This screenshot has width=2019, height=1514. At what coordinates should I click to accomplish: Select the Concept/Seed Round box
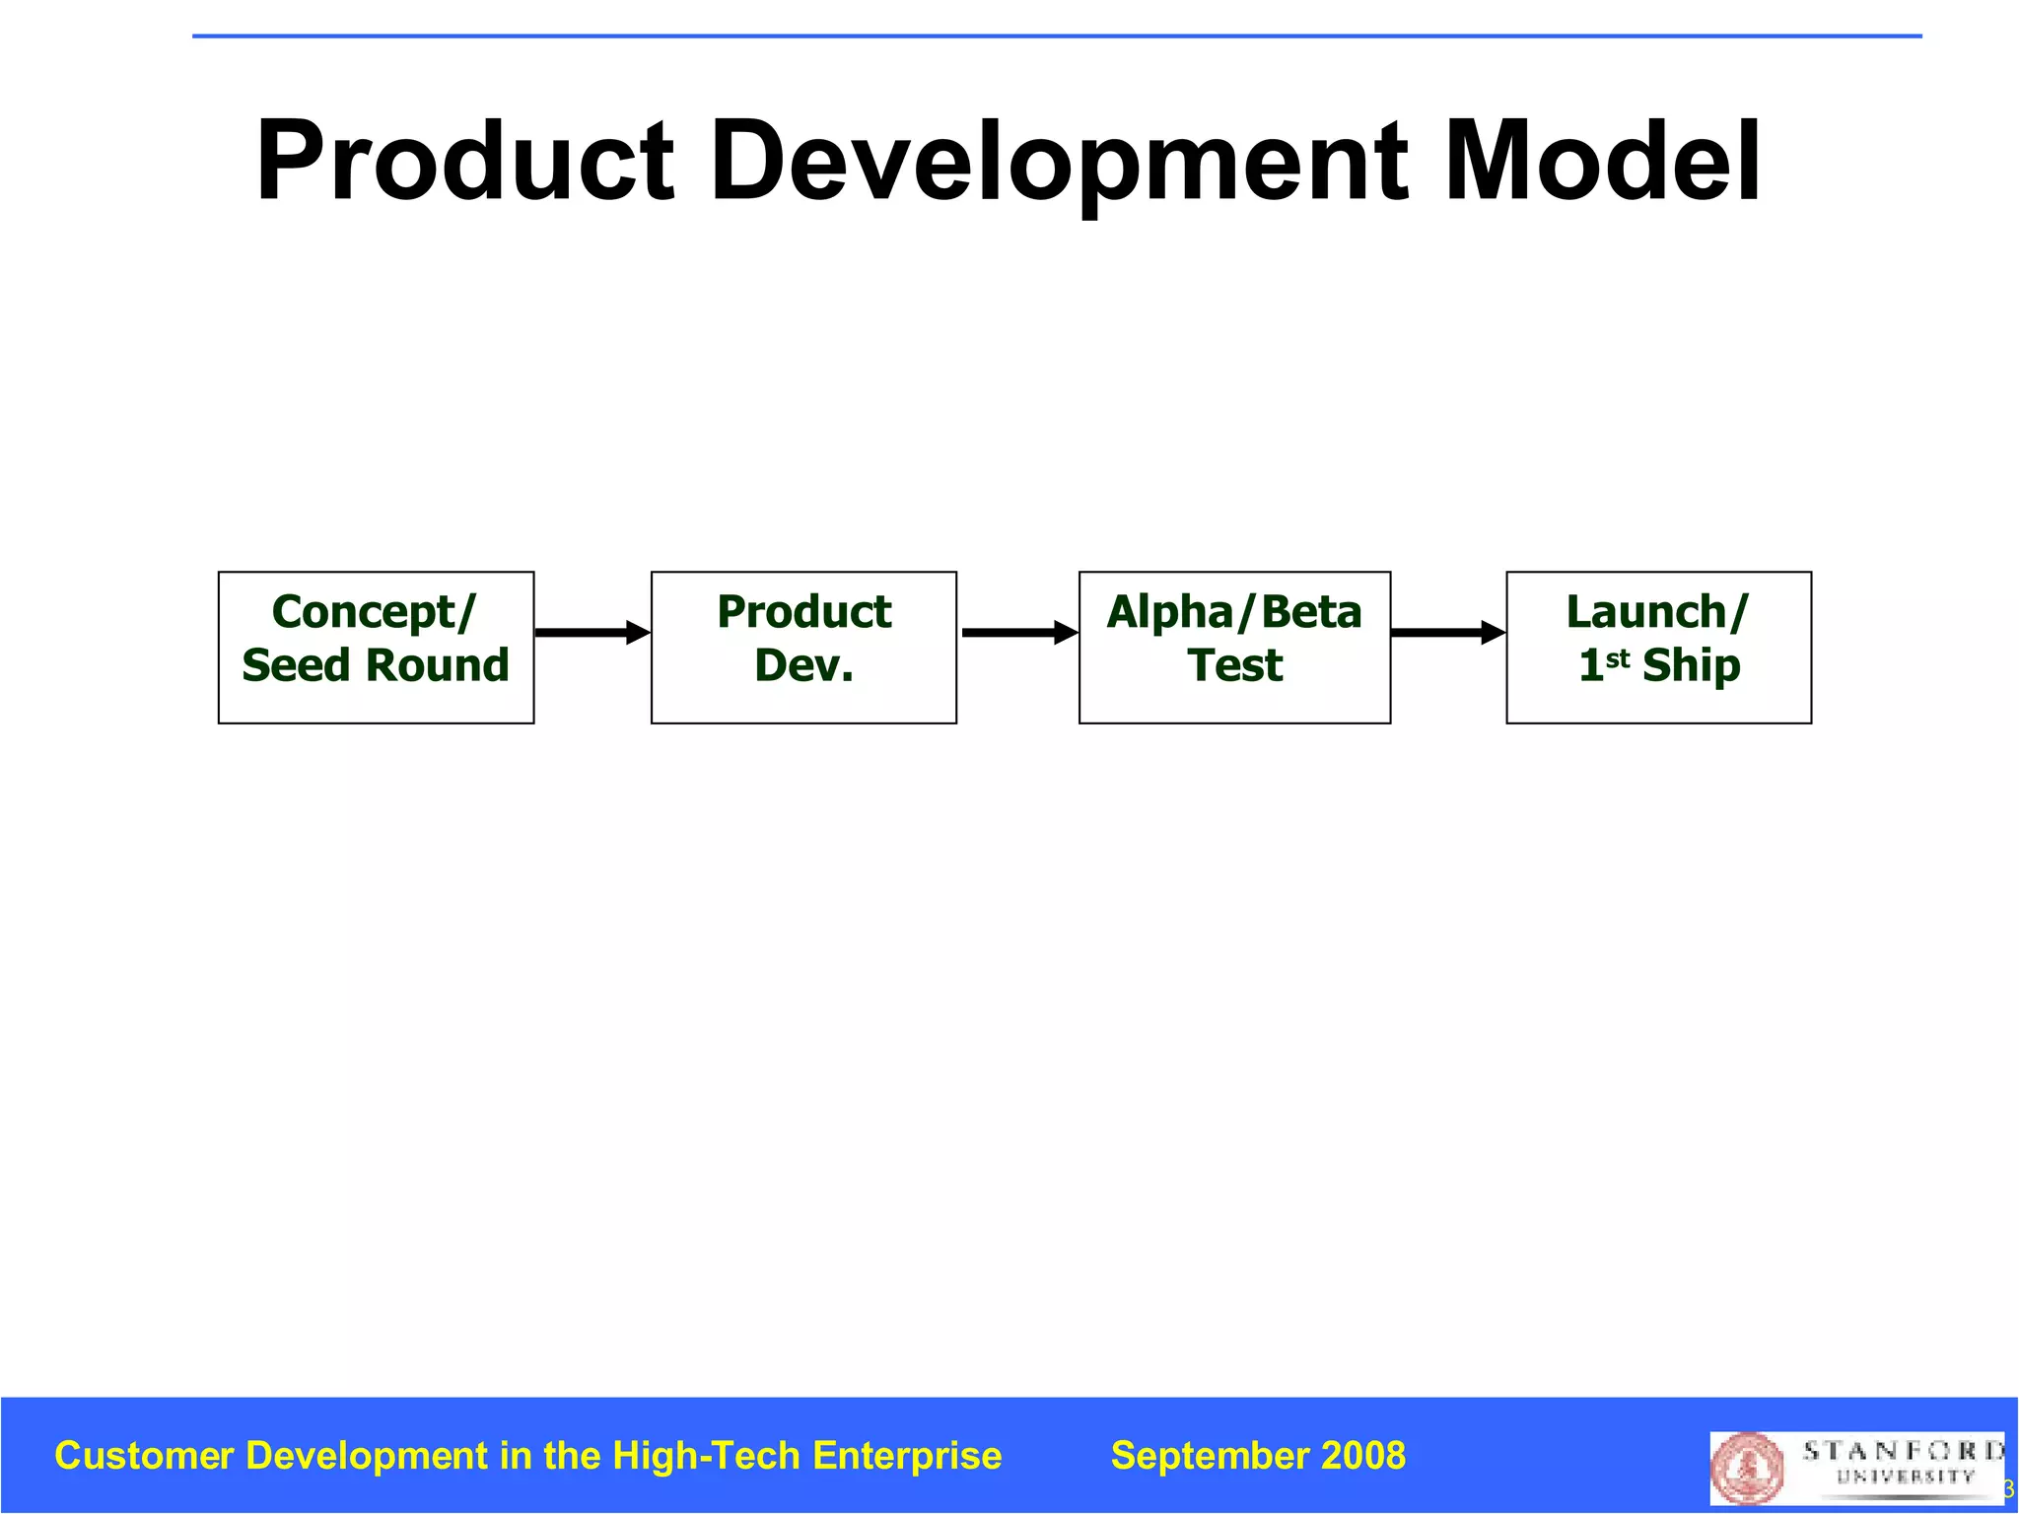[x=376, y=648]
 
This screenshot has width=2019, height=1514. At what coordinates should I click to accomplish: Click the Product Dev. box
[x=803, y=648]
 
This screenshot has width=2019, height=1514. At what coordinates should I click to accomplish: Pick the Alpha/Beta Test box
[x=1234, y=648]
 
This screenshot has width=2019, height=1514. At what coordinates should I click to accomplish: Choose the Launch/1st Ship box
[x=1658, y=648]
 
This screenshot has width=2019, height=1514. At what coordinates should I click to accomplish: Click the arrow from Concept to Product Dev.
[x=592, y=632]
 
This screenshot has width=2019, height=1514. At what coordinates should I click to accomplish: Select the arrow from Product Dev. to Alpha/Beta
[x=1018, y=632]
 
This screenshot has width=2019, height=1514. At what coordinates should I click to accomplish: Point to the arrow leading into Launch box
[x=1447, y=632]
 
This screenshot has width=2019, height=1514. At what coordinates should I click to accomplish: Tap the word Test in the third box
[x=1234, y=665]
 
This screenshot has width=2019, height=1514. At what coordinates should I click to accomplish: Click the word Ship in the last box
[x=1691, y=665]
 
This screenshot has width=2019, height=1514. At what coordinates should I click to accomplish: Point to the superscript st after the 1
[x=1618, y=657]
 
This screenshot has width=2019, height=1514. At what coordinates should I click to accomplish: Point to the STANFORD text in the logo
[x=1903, y=1451]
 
